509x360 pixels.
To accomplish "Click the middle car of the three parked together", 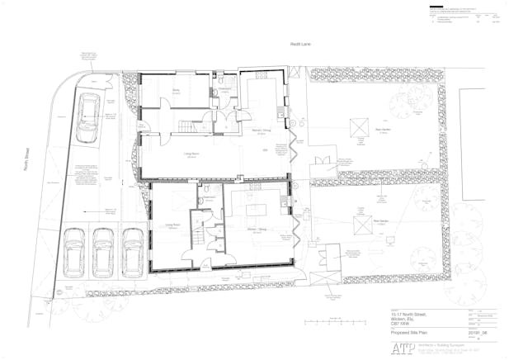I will click(x=104, y=249).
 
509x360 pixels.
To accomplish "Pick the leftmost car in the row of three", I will click(x=75, y=249).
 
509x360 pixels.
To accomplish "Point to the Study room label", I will click(x=176, y=92).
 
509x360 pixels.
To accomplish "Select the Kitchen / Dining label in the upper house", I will click(x=262, y=131).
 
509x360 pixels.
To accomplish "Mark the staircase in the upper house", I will click(x=190, y=127).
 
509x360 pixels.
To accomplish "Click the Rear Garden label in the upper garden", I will click(x=382, y=130).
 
